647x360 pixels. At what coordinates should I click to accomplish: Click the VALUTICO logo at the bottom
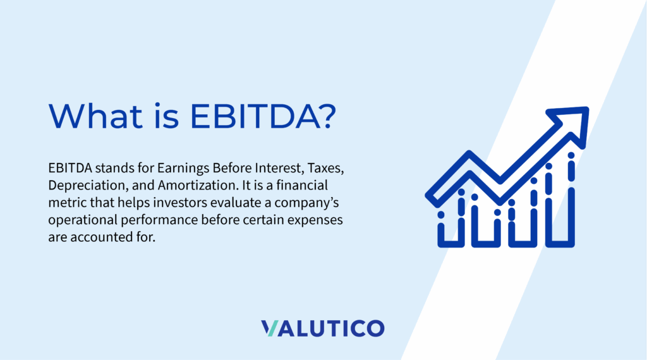322,328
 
